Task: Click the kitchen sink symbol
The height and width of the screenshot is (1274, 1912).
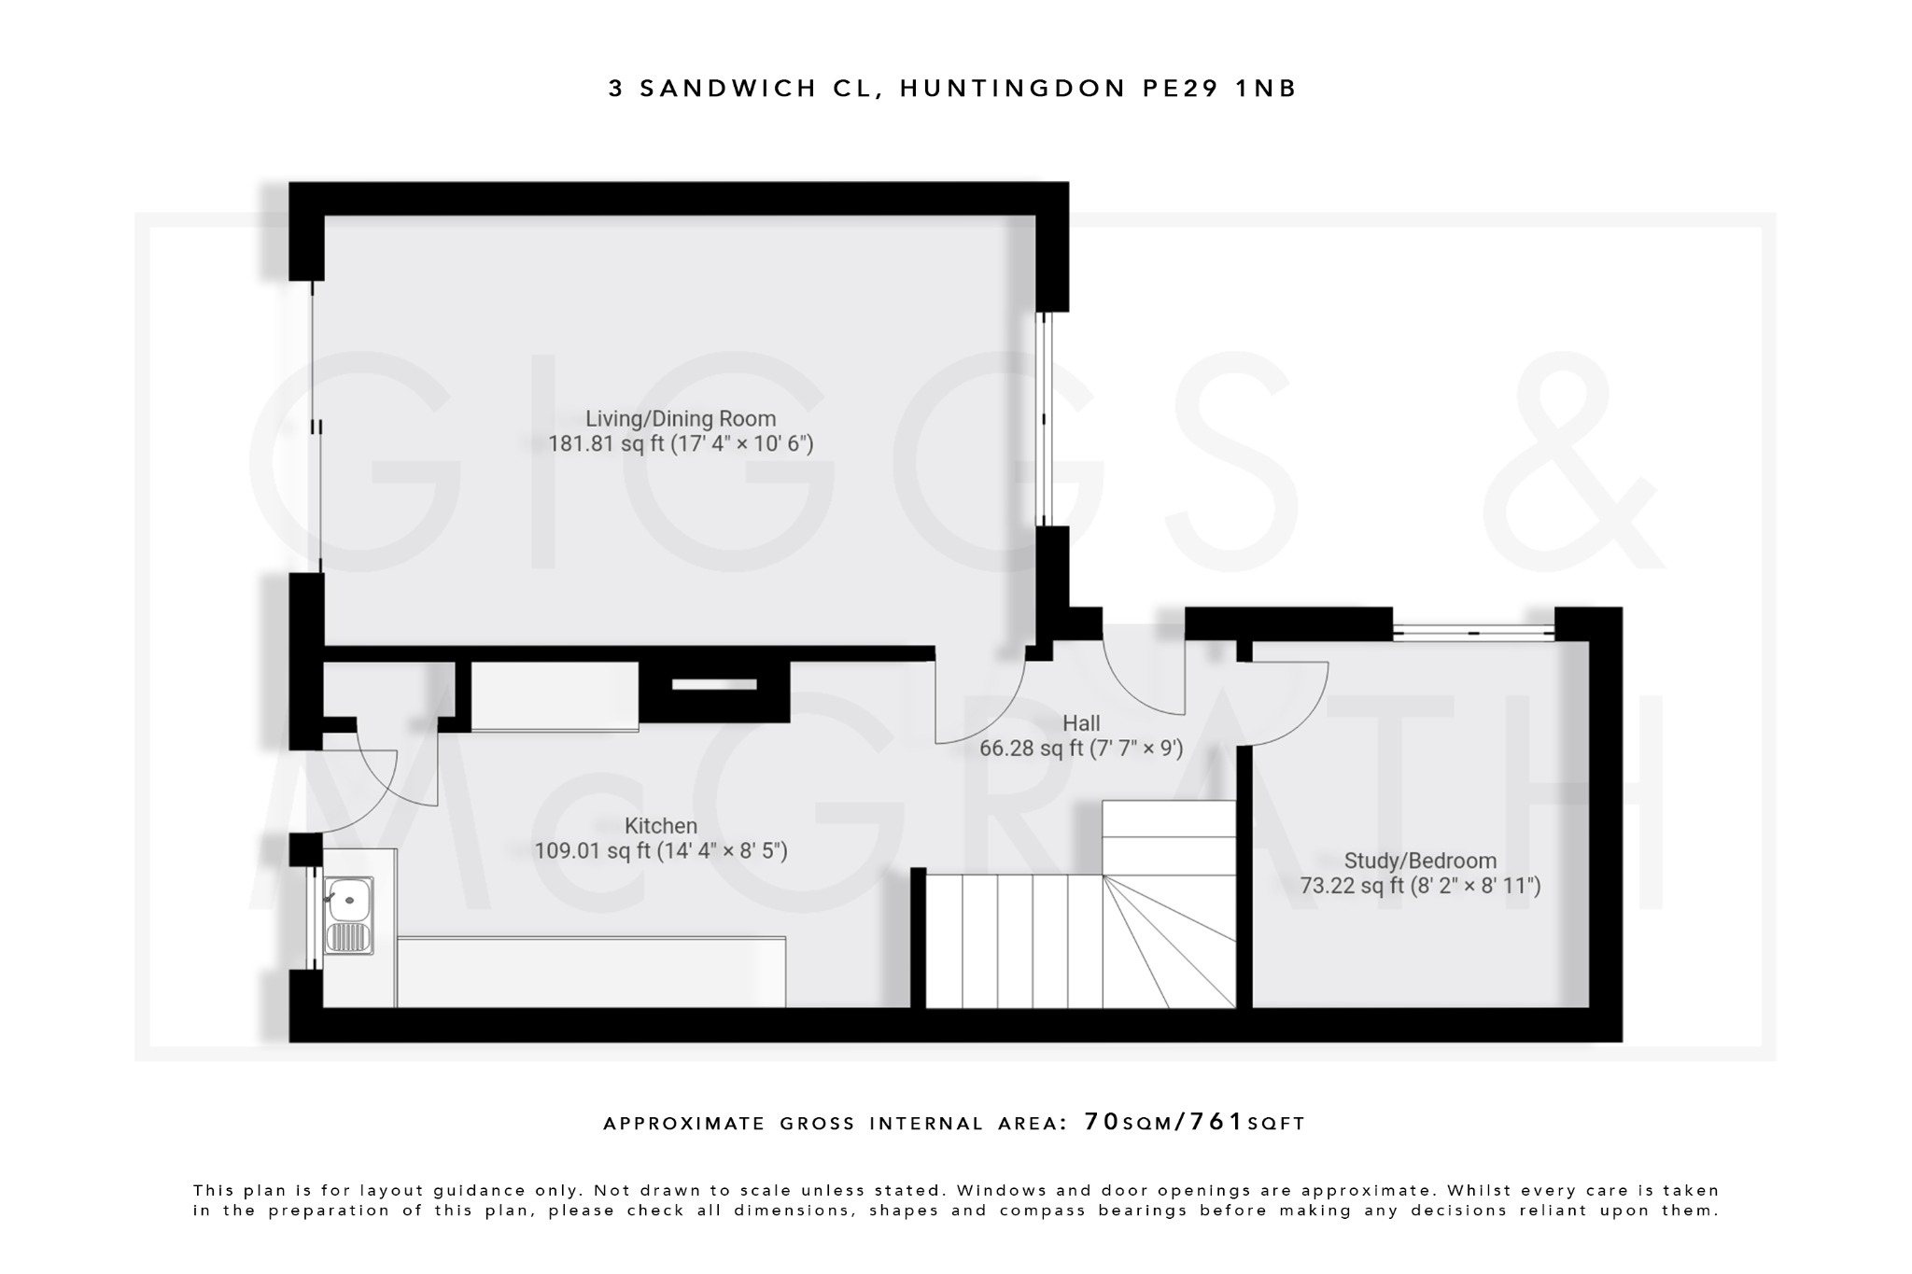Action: coord(348,915)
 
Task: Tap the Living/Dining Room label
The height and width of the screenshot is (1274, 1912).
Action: coord(680,419)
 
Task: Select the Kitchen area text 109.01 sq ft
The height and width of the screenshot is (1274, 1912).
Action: coord(592,851)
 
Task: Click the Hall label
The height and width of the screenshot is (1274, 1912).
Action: coord(1081,723)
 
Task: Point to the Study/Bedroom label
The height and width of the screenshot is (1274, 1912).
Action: coord(1419,861)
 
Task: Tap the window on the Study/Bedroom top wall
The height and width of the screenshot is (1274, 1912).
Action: coord(1473,633)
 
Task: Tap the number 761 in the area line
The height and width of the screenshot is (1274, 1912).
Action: coord(1217,1122)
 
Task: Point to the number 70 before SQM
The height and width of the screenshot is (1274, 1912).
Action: coord(1101,1122)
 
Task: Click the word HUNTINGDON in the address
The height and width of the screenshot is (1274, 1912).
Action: coord(1013,89)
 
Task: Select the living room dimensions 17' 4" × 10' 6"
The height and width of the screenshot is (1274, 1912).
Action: coord(743,443)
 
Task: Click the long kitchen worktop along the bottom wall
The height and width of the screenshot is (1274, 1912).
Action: coord(591,972)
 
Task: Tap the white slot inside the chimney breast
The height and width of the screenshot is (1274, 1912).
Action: coord(714,684)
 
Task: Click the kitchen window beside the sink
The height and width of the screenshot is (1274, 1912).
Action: coord(311,917)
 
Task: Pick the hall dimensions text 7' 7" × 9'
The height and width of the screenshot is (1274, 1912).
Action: coord(1137,749)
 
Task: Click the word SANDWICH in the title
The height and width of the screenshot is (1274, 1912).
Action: coord(728,89)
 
